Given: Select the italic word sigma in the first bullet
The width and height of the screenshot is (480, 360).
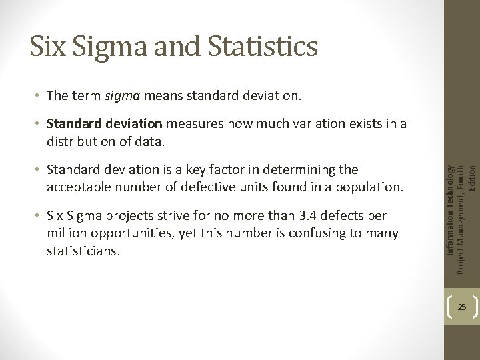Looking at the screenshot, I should tap(120, 96).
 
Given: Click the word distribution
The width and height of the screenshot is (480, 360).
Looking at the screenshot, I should tap(77, 141).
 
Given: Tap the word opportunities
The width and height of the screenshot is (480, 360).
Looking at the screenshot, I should tap(126, 233).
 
